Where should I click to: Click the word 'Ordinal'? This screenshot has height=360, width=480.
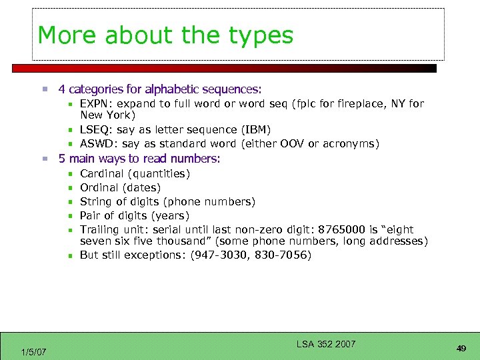point(99,187)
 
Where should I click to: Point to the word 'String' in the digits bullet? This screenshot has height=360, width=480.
point(95,201)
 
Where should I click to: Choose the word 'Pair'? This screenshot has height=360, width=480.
point(90,215)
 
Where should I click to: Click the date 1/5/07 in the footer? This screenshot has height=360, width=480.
point(33,351)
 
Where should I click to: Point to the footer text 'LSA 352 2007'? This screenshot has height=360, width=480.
point(326,344)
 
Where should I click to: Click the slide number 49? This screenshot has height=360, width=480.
point(461,348)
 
